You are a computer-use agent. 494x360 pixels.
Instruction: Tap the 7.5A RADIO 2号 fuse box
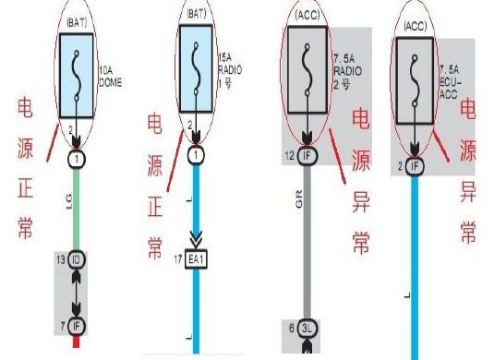tap(307, 63)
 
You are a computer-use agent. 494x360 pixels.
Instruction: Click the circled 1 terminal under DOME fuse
tap(76, 158)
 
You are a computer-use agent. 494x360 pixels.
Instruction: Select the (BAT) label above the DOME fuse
tap(76, 18)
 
